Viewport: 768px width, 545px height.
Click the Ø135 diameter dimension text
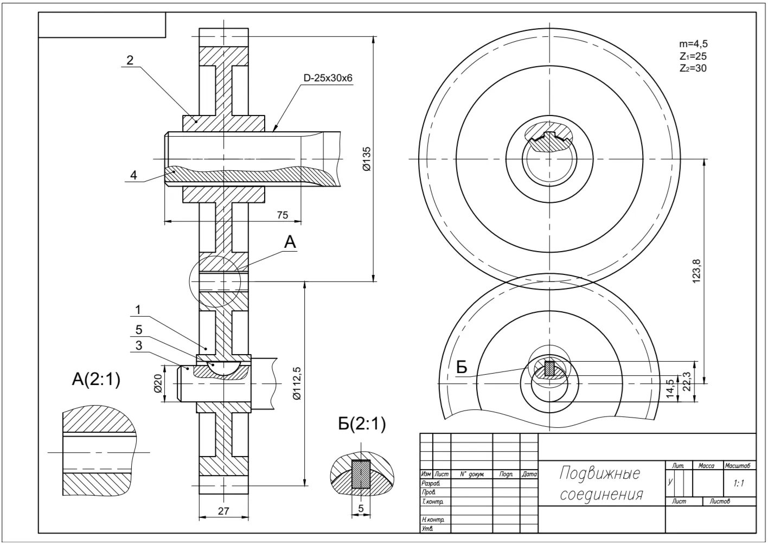pos(367,159)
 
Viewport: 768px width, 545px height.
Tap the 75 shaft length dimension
pos(282,215)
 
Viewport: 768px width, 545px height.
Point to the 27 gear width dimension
pos(223,510)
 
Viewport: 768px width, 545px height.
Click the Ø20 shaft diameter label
pos(158,383)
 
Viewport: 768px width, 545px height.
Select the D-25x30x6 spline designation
pos(328,78)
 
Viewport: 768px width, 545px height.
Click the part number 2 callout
pos(130,60)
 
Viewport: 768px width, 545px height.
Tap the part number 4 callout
pos(133,175)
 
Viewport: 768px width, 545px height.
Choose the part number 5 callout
pos(138,329)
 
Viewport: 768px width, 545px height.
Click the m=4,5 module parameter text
pos(693,44)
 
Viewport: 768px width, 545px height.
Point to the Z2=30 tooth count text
pos(693,68)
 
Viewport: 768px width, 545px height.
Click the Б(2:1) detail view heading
pos(362,424)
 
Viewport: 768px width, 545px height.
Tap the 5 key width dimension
pos(361,509)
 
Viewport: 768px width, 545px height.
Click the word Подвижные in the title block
pos(599,473)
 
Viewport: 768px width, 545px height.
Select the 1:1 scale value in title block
pos(738,483)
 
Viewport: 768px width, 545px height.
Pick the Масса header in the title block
pos(707,466)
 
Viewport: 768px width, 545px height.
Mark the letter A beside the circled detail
pos(290,242)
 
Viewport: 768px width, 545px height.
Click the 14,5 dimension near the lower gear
pos(670,389)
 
